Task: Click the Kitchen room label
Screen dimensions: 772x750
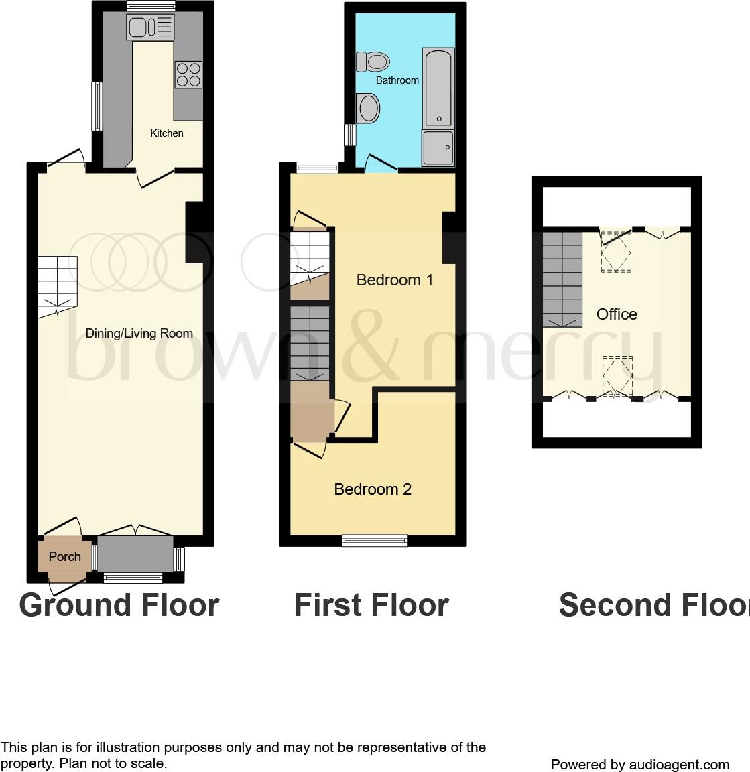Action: click(166, 133)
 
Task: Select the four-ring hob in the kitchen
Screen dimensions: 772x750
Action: click(188, 74)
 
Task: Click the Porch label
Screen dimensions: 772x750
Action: click(65, 556)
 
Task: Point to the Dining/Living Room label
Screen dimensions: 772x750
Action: click(139, 334)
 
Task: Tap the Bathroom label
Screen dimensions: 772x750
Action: click(397, 80)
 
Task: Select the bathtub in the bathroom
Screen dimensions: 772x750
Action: click(438, 87)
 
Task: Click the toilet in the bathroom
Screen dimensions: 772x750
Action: click(373, 62)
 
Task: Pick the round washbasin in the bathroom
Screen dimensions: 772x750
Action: click(368, 108)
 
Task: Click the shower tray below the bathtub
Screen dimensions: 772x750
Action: click(438, 147)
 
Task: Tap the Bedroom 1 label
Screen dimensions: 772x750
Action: click(394, 280)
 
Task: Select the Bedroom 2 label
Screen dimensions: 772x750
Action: click(373, 489)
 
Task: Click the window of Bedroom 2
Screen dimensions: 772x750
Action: click(374, 540)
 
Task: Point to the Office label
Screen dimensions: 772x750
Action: click(617, 314)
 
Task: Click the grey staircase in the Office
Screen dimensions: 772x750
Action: click(562, 278)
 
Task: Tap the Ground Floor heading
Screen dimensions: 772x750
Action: click(119, 605)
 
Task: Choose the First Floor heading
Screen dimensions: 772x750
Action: click(371, 605)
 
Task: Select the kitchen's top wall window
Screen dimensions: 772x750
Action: click(151, 7)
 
